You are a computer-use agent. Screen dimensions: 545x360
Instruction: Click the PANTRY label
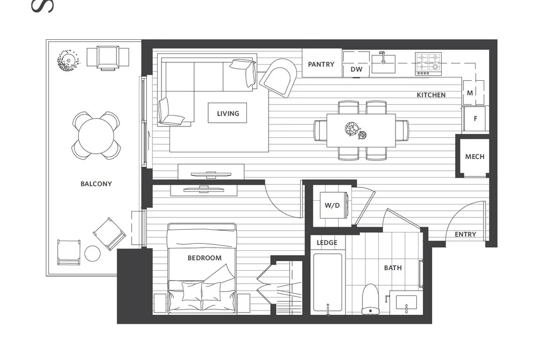click(321, 64)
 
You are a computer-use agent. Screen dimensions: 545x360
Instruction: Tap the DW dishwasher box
click(356, 69)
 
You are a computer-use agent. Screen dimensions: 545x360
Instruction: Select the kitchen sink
click(384, 63)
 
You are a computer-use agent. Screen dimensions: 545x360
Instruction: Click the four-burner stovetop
click(428, 63)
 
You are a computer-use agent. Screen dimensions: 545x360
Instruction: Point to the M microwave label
click(470, 93)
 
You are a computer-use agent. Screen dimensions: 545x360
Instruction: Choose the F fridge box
click(475, 118)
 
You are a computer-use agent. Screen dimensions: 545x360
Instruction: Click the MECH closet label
click(475, 157)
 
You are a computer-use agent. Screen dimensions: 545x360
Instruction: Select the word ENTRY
click(465, 235)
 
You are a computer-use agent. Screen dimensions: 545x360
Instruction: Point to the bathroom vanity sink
click(406, 302)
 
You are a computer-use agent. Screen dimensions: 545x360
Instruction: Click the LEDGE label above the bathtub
click(327, 243)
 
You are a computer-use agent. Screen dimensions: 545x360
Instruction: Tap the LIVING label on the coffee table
click(228, 114)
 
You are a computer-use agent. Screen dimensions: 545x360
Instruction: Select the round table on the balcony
click(96, 136)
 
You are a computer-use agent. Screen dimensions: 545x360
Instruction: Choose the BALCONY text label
click(96, 184)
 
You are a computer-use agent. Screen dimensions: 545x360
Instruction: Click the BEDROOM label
click(204, 258)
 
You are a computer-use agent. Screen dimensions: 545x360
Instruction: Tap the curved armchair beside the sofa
click(278, 77)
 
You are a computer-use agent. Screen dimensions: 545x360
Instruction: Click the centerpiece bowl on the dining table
click(352, 129)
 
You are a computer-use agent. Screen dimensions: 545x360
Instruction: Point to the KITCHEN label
click(431, 95)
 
